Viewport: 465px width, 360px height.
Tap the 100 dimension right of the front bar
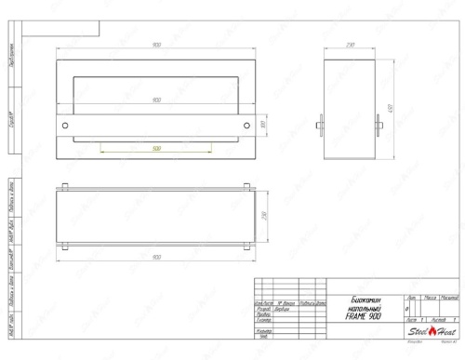[x=262, y=124]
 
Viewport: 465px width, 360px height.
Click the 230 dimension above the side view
[x=351, y=46]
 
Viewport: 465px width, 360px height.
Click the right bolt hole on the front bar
[x=246, y=124]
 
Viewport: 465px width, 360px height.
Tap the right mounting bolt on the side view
[x=382, y=125]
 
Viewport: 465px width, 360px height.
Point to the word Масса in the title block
[x=430, y=297]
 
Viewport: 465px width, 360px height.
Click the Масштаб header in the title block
[x=449, y=297]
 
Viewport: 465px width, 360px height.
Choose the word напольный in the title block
[x=363, y=309]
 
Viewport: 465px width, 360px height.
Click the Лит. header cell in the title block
[x=411, y=297]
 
